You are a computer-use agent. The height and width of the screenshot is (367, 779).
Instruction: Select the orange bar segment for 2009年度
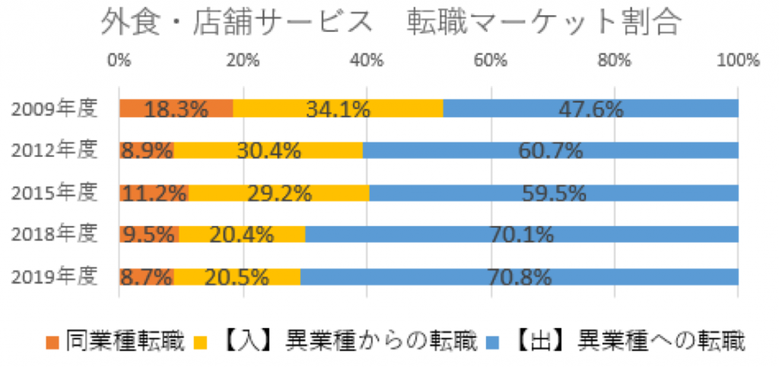(176, 109)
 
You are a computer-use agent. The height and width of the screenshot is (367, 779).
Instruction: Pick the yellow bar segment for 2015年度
(278, 193)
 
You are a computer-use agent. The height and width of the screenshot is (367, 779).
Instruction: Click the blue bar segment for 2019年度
(519, 277)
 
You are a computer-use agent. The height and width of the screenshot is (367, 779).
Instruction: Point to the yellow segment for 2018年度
(241, 235)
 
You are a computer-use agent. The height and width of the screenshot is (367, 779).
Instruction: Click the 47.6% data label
(590, 109)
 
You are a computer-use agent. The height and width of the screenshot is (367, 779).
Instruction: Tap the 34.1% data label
(338, 109)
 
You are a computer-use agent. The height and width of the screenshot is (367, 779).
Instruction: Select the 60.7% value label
(550, 150)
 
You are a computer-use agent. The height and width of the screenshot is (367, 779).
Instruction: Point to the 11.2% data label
(154, 193)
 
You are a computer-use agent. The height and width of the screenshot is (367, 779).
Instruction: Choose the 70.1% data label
(521, 235)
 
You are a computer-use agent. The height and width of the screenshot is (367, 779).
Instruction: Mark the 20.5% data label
(237, 277)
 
